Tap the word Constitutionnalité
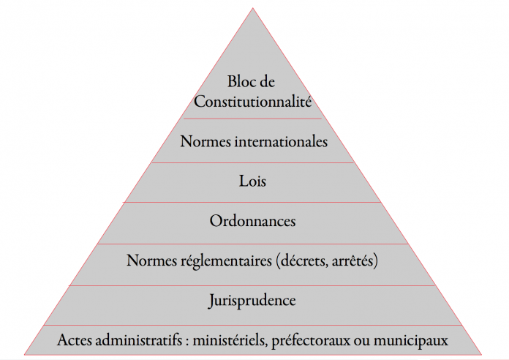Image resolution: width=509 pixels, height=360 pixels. pyautogui.click(x=253, y=102)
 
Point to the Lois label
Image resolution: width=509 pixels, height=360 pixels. pyautogui.click(x=252, y=181)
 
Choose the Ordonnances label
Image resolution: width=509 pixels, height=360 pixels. pyautogui.click(x=252, y=221)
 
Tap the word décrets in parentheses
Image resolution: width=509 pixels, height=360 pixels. pyautogui.click(x=302, y=260)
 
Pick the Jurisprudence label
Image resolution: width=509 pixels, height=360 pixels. pyautogui.click(x=252, y=301)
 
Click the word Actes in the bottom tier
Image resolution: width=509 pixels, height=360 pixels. pyautogui.click(x=75, y=340)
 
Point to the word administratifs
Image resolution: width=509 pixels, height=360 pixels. pyautogui.click(x=139, y=340)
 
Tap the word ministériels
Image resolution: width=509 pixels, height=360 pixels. pyautogui.click(x=230, y=341)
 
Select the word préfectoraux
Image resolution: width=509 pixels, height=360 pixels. pyautogui.click(x=311, y=341)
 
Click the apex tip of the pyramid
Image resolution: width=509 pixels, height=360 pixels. pyautogui.click(x=252, y=8)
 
